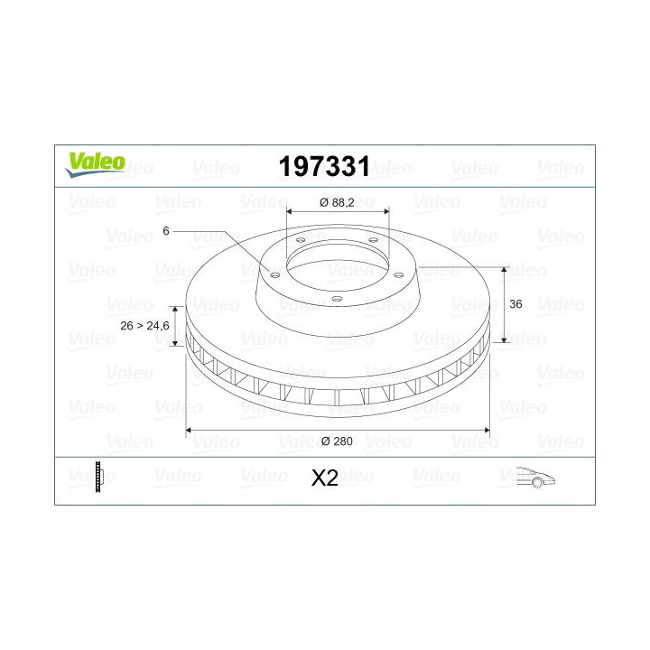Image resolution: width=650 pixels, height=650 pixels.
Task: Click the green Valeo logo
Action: (95, 164)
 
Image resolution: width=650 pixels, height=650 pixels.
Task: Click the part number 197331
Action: (324, 167)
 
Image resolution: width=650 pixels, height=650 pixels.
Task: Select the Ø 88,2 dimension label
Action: (337, 202)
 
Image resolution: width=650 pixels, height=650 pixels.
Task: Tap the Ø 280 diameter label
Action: (337, 441)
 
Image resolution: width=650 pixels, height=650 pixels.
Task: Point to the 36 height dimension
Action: (515, 304)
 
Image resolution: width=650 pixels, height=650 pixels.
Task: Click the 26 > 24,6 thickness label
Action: (144, 326)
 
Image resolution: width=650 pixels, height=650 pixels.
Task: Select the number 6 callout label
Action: (166, 231)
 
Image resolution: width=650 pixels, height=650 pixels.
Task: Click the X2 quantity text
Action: (325, 478)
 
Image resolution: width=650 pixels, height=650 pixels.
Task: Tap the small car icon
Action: (535, 478)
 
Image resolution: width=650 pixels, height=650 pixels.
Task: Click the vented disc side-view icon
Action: (98, 477)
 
